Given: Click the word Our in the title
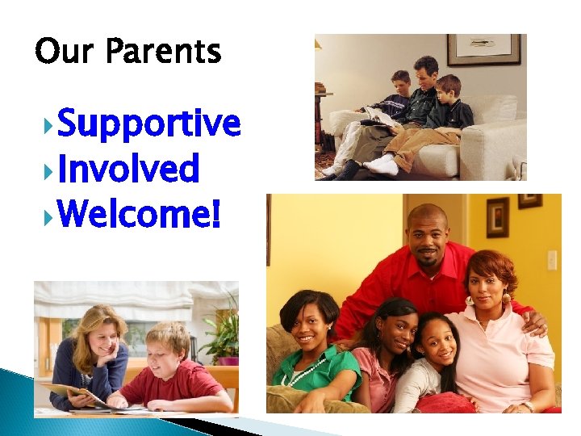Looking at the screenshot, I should click(65, 52).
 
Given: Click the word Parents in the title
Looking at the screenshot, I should click(162, 52).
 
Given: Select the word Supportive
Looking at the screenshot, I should click(149, 124).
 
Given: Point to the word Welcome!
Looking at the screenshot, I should click(139, 215).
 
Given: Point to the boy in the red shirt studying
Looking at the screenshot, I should click(173, 367).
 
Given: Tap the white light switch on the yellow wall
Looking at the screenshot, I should click(552, 260).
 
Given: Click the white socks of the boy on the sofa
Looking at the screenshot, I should click(381, 166).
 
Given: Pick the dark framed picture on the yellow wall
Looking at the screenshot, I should click(498, 216).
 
